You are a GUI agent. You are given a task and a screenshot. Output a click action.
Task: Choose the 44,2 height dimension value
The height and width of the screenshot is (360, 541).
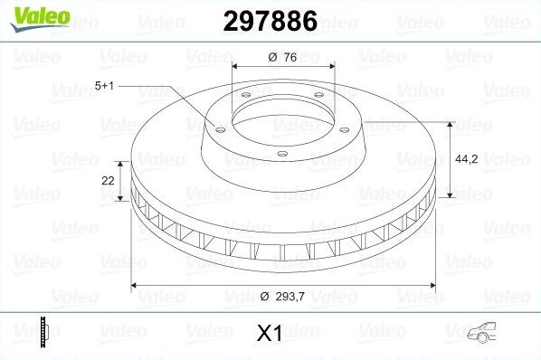click(465, 157)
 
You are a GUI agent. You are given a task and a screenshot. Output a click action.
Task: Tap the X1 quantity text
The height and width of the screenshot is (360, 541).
click(270, 334)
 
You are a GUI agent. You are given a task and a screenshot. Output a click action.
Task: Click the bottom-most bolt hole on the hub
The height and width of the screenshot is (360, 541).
click(281, 154)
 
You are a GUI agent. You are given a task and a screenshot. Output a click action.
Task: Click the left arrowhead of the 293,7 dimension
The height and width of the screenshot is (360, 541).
click(137, 286)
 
